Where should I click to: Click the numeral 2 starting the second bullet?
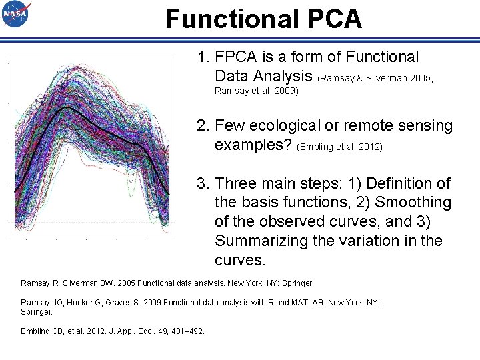[x=201, y=125]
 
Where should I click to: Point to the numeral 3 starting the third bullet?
[x=201, y=183]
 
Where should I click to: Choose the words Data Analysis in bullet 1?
[x=264, y=76]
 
